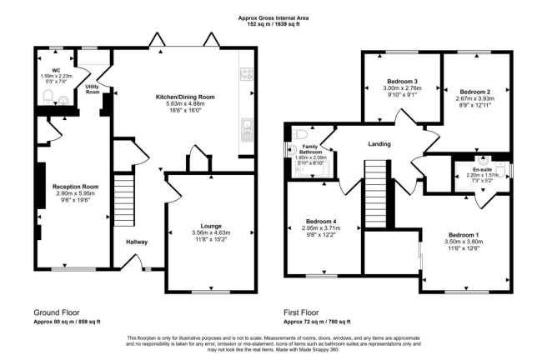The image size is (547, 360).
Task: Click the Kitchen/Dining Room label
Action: [x=185, y=97]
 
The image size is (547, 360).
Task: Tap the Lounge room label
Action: [x=211, y=226]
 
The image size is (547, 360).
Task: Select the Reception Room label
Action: [x=75, y=187]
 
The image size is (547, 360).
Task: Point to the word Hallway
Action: [x=137, y=242]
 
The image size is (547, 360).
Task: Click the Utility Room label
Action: [x=93, y=89]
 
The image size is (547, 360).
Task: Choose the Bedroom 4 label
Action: [x=321, y=222]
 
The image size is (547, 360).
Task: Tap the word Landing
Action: [x=379, y=144]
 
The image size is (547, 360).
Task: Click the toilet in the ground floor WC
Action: [x=48, y=97]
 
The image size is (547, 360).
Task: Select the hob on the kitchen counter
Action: [x=247, y=74]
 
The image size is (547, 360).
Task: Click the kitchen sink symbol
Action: [x=247, y=130]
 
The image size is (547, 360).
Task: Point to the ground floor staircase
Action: [x=124, y=200]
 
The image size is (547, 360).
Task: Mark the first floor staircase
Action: [x=376, y=194]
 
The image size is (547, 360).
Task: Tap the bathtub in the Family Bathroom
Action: [x=311, y=171]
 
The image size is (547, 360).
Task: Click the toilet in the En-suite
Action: [x=501, y=170]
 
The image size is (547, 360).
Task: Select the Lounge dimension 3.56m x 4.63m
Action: [x=211, y=232]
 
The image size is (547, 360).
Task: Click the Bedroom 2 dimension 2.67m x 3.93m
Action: [x=475, y=98]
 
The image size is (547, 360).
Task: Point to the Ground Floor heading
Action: [x=57, y=312]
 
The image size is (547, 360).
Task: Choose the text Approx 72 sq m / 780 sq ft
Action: [x=317, y=322]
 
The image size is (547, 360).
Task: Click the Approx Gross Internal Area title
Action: [x=273, y=18]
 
